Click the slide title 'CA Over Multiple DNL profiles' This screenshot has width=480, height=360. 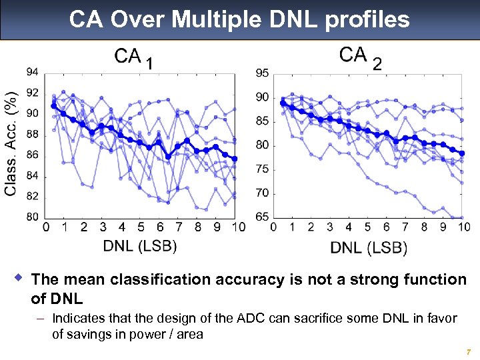tap(239, 19)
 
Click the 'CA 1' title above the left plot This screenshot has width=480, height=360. tap(136, 58)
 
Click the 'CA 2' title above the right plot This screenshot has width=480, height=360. tap(361, 57)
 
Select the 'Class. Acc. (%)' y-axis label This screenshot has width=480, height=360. tap(11, 143)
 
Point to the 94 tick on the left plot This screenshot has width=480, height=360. tap(32, 72)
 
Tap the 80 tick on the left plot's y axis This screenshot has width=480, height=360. tap(32, 217)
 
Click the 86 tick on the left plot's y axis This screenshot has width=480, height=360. tap(32, 155)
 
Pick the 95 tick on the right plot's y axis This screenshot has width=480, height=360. tap(262, 73)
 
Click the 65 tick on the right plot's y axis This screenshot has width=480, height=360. tap(262, 217)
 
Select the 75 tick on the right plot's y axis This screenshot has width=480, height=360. tap(262, 169)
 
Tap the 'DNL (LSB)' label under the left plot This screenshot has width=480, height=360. tap(140, 245)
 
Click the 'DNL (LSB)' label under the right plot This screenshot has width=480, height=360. tap(369, 247)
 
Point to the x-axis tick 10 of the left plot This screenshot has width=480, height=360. tap(238, 227)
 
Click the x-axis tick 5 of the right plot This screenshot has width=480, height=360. tap(367, 227)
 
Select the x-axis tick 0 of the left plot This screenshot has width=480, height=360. tap(45, 227)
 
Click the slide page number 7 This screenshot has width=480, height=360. tap(469, 351)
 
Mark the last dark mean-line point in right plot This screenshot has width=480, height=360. tap(461, 153)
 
